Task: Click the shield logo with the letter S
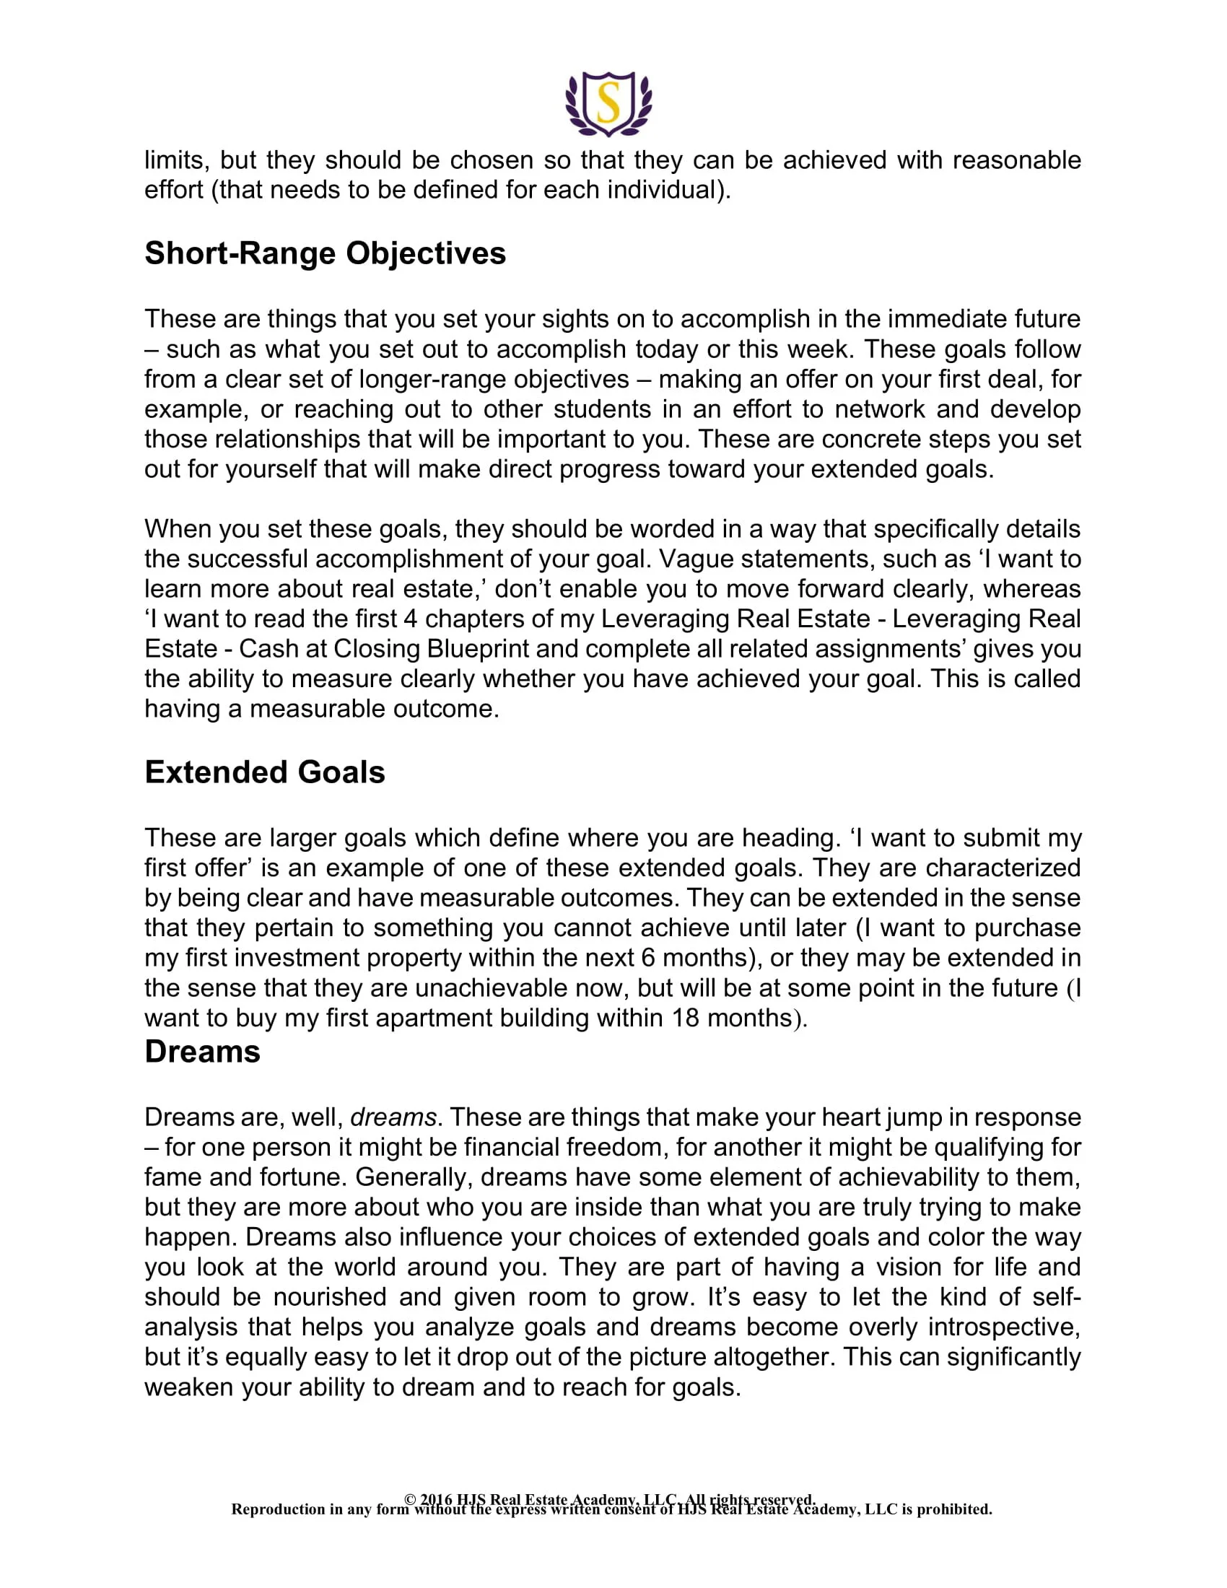click(608, 104)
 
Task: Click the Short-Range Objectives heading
click(325, 254)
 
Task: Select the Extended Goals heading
click(265, 772)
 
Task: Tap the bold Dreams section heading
click(202, 1052)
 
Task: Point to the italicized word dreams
click(393, 1117)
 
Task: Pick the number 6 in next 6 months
click(647, 958)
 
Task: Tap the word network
click(880, 409)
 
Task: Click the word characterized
click(1003, 868)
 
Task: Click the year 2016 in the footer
click(435, 1499)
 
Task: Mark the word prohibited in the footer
click(953, 1509)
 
